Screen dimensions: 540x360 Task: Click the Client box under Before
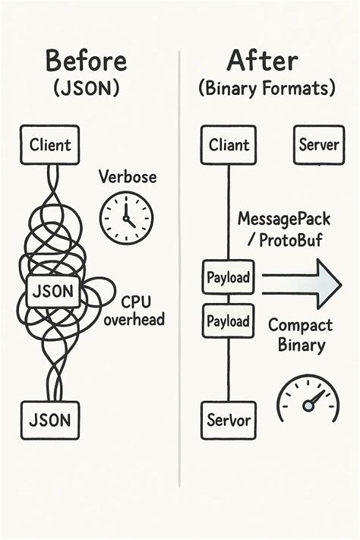pos(49,144)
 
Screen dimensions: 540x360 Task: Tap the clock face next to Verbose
pos(127,218)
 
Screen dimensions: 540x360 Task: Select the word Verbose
pos(127,177)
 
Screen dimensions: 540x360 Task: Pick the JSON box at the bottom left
pos(49,418)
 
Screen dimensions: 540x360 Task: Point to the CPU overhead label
pos(134,310)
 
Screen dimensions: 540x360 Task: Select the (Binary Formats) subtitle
pos(266,89)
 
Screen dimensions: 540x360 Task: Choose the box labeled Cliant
pos(229,144)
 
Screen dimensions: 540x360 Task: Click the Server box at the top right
pos(318,144)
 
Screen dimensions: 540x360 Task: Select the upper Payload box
pos(229,277)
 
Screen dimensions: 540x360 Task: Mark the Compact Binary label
pos(300,335)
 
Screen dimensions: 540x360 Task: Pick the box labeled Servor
pos(229,418)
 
